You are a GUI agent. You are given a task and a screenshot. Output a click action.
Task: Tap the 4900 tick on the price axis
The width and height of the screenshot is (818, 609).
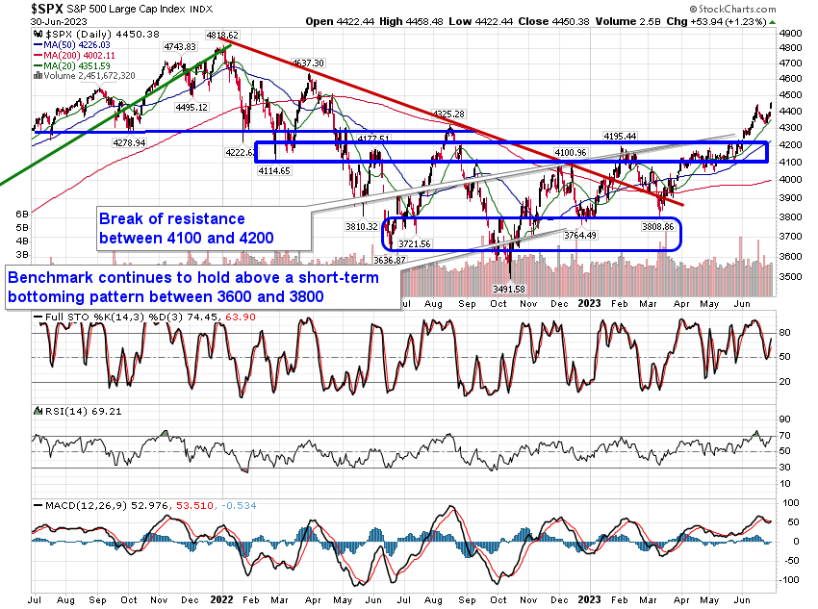790,32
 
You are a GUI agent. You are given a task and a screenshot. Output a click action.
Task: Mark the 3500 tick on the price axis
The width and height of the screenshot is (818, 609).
790,277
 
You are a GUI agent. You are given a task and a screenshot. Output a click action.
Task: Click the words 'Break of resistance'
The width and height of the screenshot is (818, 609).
172,218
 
